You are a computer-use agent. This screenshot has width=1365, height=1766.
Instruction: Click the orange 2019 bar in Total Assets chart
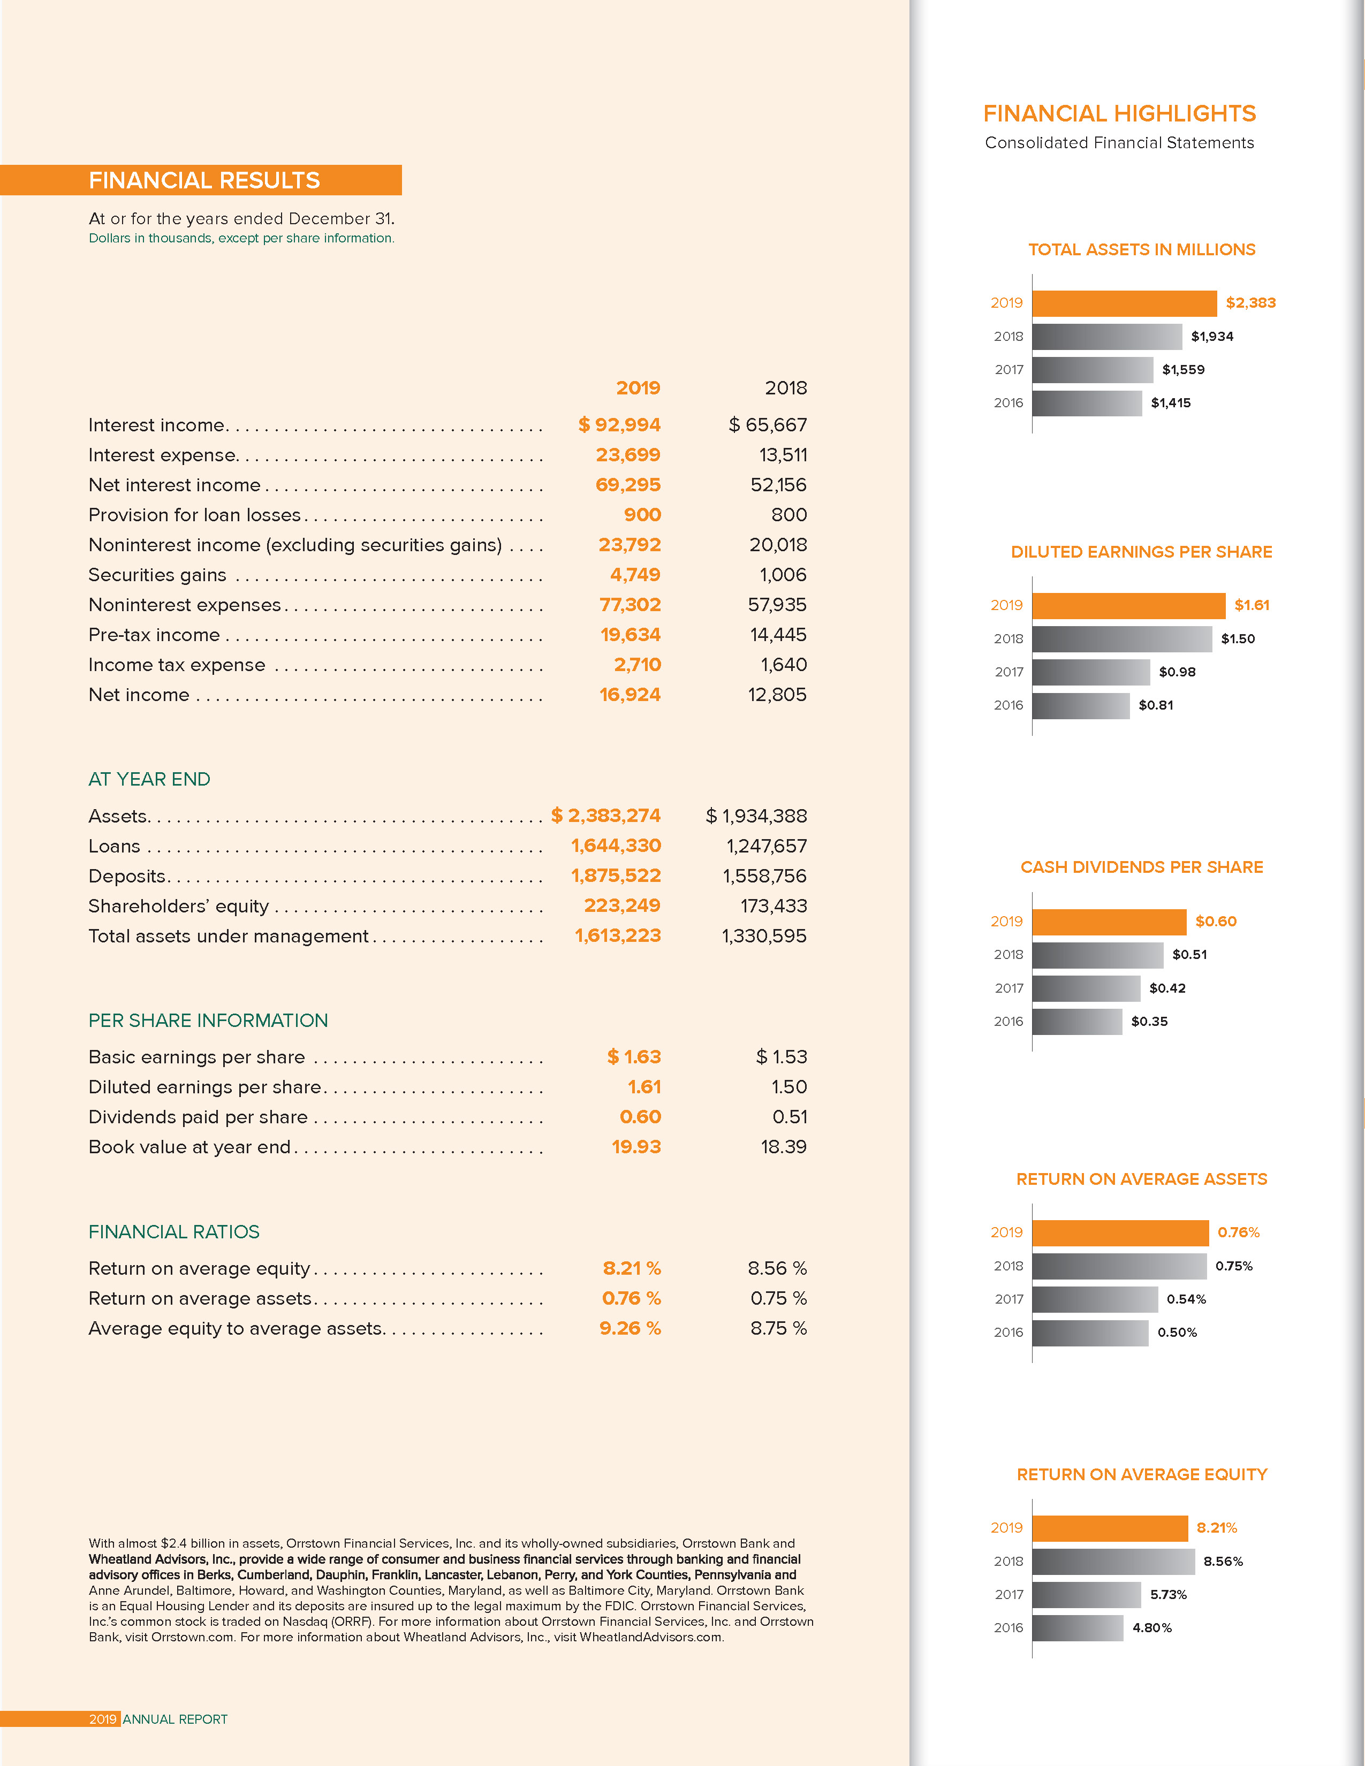tap(1124, 303)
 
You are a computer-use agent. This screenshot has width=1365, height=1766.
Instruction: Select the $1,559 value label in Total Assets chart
tap(1183, 370)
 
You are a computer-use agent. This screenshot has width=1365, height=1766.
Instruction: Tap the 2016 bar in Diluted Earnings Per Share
tap(1080, 705)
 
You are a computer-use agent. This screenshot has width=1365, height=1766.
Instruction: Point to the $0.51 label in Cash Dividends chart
tap(1189, 954)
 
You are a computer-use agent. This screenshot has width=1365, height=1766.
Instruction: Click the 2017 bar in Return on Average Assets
tap(1094, 1299)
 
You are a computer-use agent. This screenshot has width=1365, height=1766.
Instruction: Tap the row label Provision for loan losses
tap(194, 515)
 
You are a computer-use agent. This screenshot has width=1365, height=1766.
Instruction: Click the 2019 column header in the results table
tap(638, 388)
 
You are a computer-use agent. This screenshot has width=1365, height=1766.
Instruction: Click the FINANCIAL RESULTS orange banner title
tap(204, 180)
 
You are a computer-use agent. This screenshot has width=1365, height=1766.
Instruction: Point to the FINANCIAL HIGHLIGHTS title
tap(1119, 113)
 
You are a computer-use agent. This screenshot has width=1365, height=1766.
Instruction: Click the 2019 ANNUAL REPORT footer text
tap(158, 1719)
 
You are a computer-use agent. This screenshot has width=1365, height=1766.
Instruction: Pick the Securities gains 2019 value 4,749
tap(635, 575)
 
